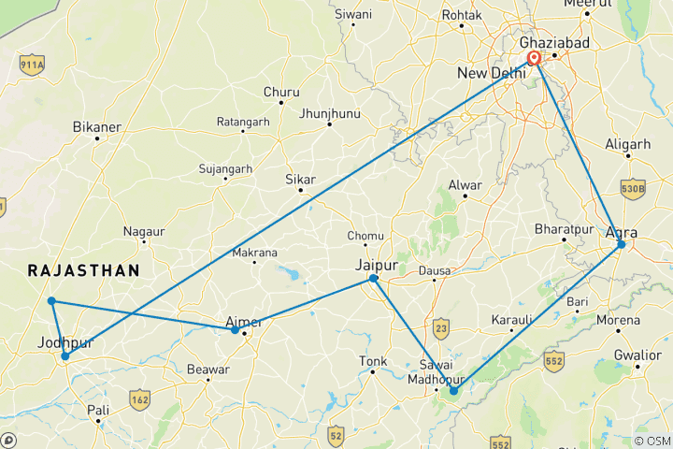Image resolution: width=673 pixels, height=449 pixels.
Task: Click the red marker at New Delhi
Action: point(535,59)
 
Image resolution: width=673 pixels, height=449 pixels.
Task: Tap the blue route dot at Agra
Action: point(622,245)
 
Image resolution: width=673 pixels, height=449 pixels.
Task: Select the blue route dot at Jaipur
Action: point(373,279)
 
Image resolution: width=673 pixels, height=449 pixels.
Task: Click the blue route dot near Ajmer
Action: point(236,329)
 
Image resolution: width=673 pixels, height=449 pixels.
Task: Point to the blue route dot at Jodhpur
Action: point(64,356)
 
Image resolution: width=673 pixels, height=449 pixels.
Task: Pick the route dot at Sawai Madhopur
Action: point(453,391)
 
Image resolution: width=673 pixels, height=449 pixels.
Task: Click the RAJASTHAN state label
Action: point(84,270)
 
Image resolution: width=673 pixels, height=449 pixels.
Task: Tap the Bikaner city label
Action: point(97,124)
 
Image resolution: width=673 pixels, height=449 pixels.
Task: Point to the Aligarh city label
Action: point(627,144)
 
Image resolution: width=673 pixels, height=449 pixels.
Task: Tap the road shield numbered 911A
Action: point(32,66)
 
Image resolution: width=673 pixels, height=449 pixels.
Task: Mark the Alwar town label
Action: point(465,184)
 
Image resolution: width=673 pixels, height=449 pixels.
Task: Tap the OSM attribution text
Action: point(651,441)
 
